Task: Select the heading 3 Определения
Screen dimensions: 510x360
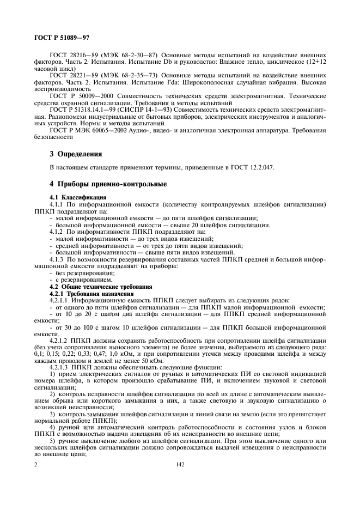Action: tap(76, 154)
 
